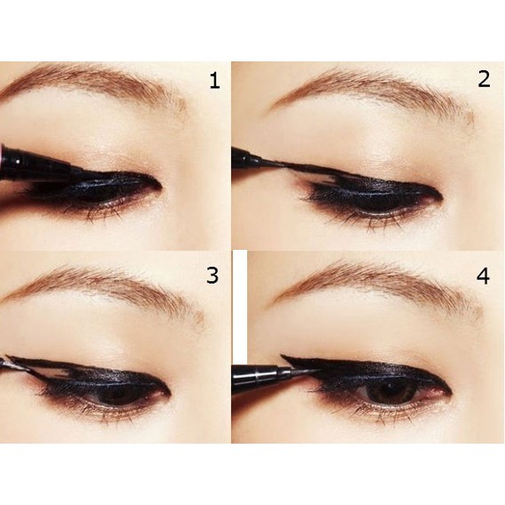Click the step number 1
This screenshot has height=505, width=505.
[214, 81]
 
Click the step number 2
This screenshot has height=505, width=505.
[484, 79]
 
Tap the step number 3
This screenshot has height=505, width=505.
[212, 276]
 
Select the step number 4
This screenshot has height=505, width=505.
[483, 277]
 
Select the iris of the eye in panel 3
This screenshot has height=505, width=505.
[116, 394]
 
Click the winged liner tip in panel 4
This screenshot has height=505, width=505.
[282, 356]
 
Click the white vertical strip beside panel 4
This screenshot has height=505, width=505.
[240, 308]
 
